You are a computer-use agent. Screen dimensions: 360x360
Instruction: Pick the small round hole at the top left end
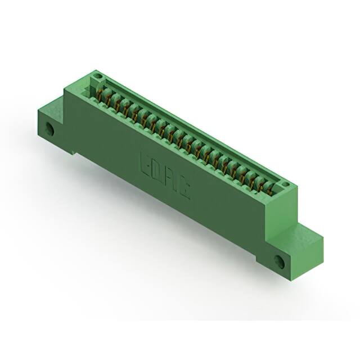point(97,75)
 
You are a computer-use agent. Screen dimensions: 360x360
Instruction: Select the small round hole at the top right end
point(285,184)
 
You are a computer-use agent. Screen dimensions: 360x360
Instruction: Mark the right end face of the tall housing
point(281,214)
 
